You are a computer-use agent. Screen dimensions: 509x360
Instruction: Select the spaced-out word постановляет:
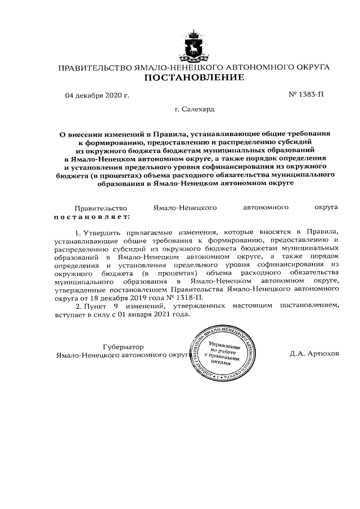(x=92, y=215)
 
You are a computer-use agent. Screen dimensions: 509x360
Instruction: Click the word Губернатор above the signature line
(x=123, y=346)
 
